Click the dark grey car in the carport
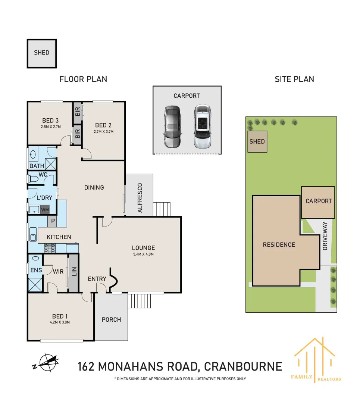(172, 127)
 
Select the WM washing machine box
(45, 210)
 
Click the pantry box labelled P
(53, 221)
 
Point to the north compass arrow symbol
(46, 362)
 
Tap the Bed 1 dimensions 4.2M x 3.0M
(58, 322)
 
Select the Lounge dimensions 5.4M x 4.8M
(143, 254)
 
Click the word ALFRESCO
(140, 198)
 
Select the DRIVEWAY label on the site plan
(325, 236)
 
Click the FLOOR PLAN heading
(83, 79)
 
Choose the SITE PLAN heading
(294, 79)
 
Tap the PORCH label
(111, 319)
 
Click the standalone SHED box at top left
(41, 53)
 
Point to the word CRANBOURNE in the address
(243, 366)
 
